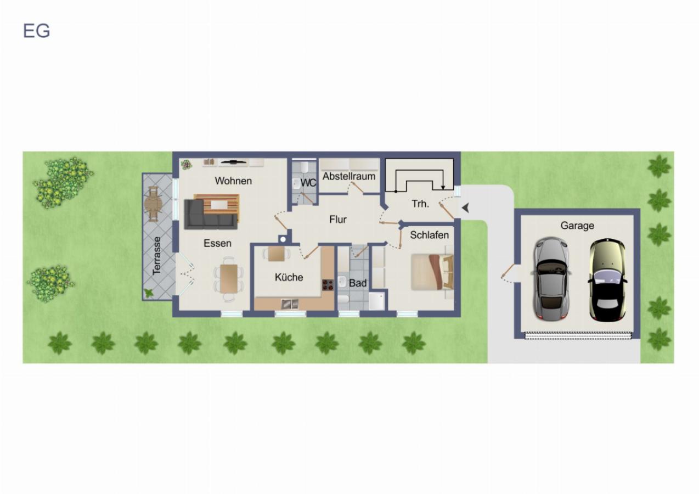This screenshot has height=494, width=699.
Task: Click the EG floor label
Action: coord(37,31)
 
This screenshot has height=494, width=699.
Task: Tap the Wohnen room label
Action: coord(233,181)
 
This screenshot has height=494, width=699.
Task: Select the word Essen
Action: coord(217,243)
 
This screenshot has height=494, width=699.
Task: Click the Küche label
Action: coord(289,277)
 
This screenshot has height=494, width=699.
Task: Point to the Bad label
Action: coord(358,283)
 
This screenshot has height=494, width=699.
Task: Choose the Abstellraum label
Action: coord(349,176)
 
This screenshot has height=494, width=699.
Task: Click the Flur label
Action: coord(337,220)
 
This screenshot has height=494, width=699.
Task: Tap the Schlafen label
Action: coord(430,235)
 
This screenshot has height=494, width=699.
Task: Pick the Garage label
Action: coord(577,226)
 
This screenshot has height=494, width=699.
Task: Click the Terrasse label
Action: coord(157,256)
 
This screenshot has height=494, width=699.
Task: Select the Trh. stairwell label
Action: coord(420,204)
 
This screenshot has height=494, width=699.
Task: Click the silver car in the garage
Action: coord(551,279)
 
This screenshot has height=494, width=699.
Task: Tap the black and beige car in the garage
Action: coord(607,280)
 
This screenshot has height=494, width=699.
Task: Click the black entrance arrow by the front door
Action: coord(466,208)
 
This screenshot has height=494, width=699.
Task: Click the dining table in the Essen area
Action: coord(229,278)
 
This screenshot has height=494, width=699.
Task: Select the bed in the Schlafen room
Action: coord(432,272)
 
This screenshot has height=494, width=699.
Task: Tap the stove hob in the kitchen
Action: coord(328,284)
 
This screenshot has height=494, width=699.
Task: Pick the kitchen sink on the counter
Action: coord(290,304)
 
